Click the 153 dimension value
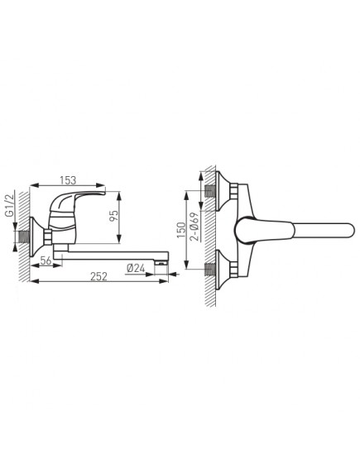(68, 180)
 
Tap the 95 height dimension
(114, 216)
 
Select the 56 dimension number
(46, 260)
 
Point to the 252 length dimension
(99, 276)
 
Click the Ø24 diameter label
(136, 268)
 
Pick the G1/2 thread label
(10, 204)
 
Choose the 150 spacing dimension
(181, 230)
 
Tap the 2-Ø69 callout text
(195, 227)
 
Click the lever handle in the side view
(78, 201)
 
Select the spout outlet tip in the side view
(161, 263)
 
